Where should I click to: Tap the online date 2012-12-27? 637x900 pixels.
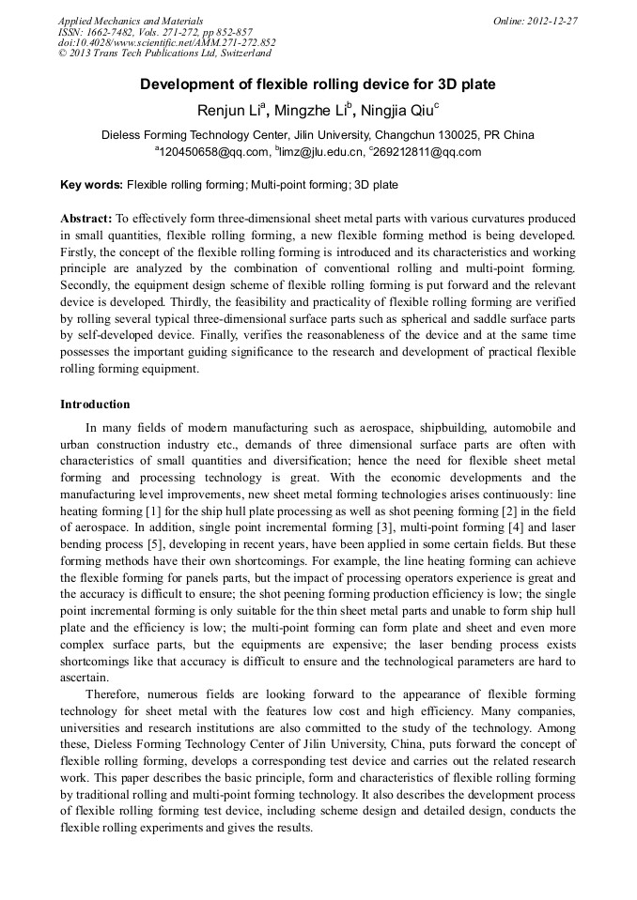(x=536, y=21)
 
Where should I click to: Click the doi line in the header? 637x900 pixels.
(x=166, y=42)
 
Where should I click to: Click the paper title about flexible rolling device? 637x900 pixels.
(x=318, y=84)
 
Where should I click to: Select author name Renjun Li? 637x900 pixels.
(x=229, y=111)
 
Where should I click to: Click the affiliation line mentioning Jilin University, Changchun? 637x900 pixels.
(x=318, y=135)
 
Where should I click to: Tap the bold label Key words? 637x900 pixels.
(x=91, y=185)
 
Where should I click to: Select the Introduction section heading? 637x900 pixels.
(x=95, y=404)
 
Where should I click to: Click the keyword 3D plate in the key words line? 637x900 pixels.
(x=376, y=185)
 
